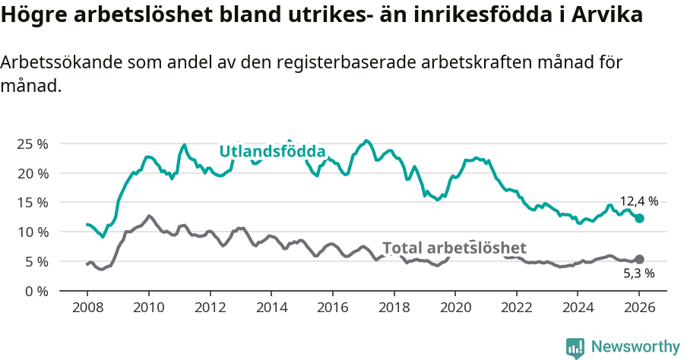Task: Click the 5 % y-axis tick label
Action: coord(36,261)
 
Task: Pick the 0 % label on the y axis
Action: coord(36,291)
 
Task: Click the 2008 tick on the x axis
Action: coord(87,309)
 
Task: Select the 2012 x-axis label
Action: coord(209,309)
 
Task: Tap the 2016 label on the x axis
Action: coord(332,309)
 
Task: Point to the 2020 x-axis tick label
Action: coord(455,309)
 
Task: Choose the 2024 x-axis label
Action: coord(578,309)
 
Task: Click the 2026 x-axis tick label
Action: coord(639,309)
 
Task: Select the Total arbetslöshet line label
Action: coord(454,248)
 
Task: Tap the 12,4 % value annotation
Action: coord(638,201)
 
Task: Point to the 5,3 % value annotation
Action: coord(638,273)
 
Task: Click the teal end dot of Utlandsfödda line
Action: coord(639,218)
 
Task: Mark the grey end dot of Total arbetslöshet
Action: coord(639,260)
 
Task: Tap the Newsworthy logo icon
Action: coord(575,347)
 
